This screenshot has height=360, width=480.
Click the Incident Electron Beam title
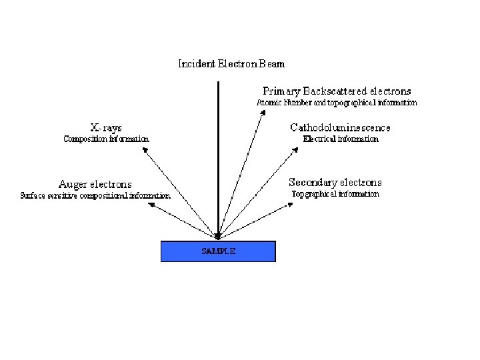pyautogui.click(x=231, y=64)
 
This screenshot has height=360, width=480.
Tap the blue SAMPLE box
pyautogui.click(x=218, y=251)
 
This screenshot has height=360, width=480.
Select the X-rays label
pyautogui.click(x=106, y=127)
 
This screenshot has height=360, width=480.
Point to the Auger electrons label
pyautogui.click(x=95, y=184)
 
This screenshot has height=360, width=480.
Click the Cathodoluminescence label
pyautogui.click(x=340, y=127)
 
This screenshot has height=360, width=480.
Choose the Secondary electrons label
pyautogui.click(x=335, y=182)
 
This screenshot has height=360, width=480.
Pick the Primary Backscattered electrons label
pyautogui.click(x=337, y=91)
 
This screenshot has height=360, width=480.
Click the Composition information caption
pyautogui.click(x=106, y=139)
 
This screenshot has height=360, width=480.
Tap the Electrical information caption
pyautogui.click(x=341, y=139)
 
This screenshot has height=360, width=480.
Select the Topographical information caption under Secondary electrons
pyautogui.click(x=335, y=194)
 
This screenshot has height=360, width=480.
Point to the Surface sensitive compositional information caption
pyautogui.click(x=95, y=196)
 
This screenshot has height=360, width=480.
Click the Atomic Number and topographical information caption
pyautogui.click(x=337, y=103)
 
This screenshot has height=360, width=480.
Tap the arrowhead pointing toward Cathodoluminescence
pyautogui.click(x=293, y=150)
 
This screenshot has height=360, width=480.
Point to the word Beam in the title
pyautogui.click(x=271, y=64)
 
